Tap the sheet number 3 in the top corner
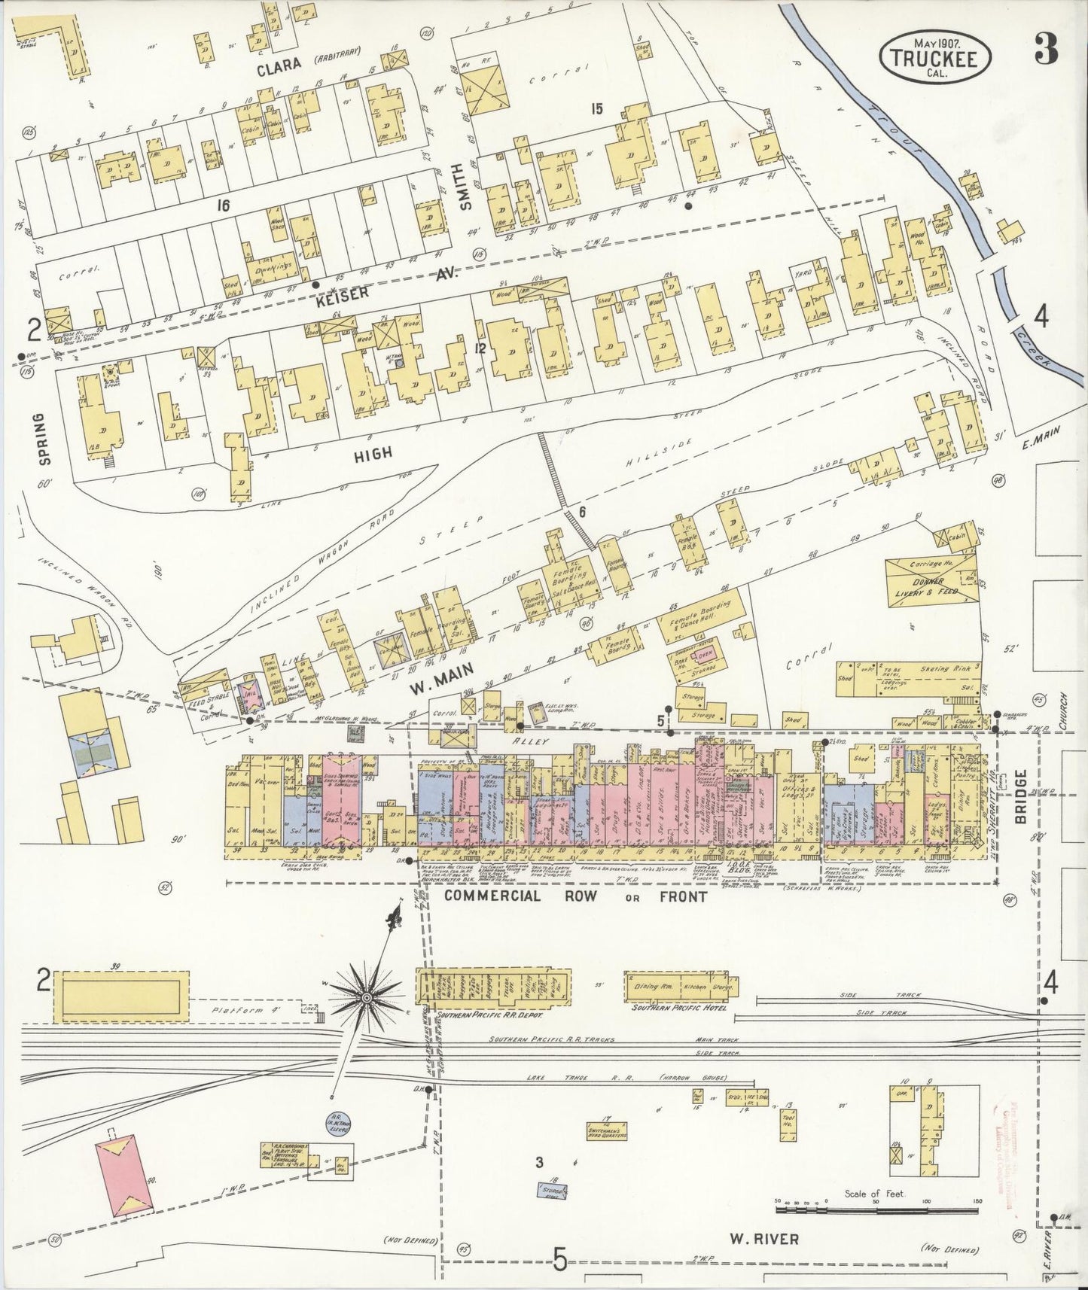tap(1046, 50)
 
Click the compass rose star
tap(367, 998)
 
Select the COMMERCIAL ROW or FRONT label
tap(575, 896)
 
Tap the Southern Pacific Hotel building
tap(681, 987)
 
